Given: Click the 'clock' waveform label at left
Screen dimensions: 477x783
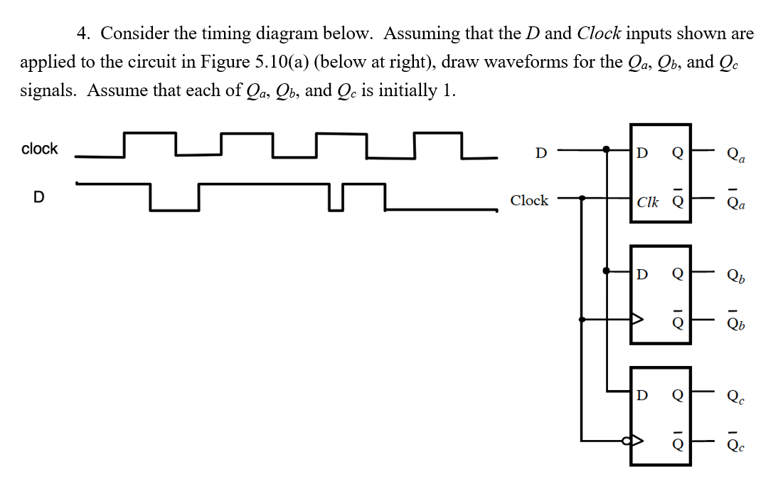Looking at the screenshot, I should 40,149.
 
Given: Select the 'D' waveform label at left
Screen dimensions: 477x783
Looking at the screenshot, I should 40,196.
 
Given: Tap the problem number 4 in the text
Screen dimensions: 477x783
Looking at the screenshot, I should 83,33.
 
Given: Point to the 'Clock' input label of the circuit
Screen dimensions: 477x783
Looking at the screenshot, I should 529,201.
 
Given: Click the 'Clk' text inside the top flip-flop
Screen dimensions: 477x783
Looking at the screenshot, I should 648,201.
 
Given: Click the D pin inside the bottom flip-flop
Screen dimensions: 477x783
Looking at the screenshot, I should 642,394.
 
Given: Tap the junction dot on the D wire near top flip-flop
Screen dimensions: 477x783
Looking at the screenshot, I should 606,150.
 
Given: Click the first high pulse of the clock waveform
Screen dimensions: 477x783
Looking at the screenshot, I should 149,134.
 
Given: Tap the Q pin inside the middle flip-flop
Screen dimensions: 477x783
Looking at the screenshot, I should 678,273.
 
